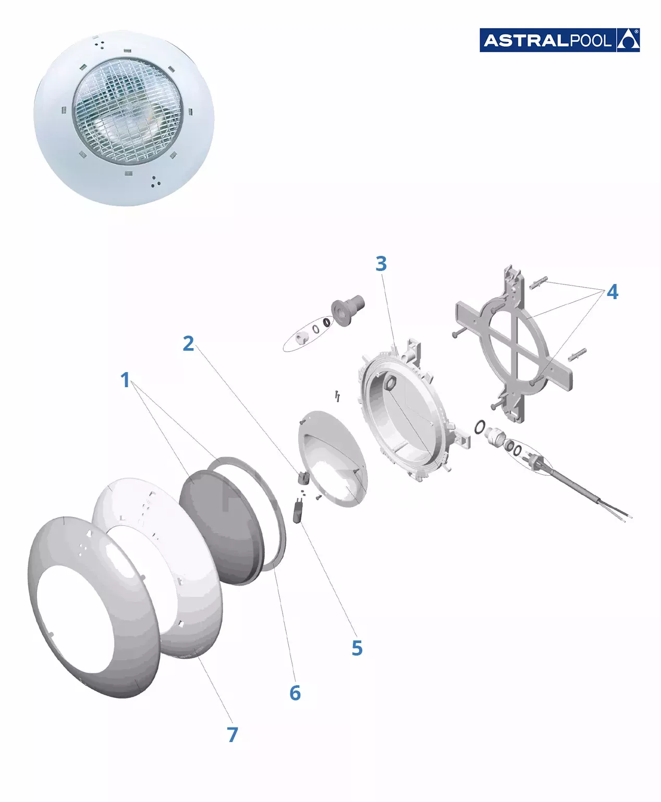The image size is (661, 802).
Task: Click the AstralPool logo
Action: pyautogui.click(x=559, y=40)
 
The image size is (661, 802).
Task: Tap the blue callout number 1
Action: pyautogui.click(x=125, y=380)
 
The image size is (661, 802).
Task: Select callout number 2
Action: pyautogui.click(x=188, y=343)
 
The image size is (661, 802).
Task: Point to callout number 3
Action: pyautogui.click(x=381, y=264)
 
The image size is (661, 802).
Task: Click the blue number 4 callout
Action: pyautogui.click(x=613, y=292)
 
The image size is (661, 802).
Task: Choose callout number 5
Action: pyautogui.click(x=357, y=648)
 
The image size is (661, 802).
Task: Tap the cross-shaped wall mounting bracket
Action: pyautogui.click(x=514, y=344)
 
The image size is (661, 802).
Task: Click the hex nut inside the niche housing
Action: pyautogui.click(x=390, y=383)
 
